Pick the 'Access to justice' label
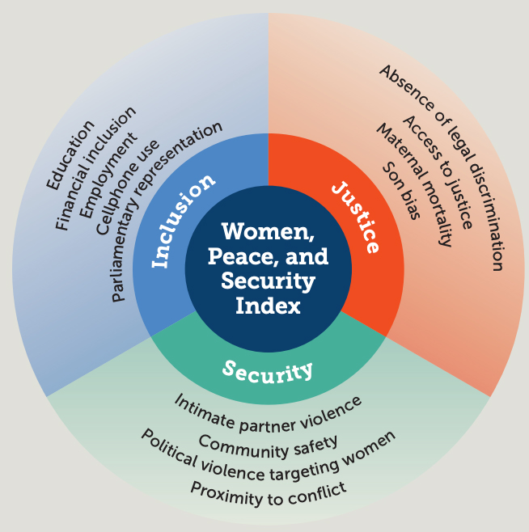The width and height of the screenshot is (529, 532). (x=437, y=172)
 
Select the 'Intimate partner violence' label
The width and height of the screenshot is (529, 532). (x=268, y=412)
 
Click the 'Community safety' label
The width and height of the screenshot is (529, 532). (x=268, y=443)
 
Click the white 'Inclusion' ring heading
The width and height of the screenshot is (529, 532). (x=184, y=220)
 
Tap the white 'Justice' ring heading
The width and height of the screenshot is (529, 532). (x=356, y=217)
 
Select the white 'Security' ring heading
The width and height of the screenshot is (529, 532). (x=268, y=371)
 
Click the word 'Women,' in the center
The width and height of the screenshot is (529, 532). (x=268, y=232)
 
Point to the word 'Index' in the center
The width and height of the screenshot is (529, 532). (x=268, y=306)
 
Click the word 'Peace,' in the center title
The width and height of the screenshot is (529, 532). (x=239, y=257)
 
